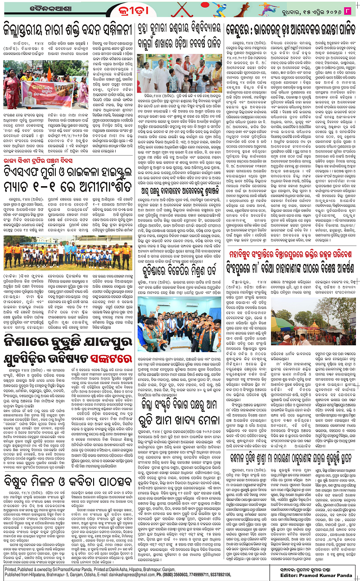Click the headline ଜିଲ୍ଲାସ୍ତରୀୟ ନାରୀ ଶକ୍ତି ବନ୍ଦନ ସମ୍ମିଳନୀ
pos(66,28)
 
